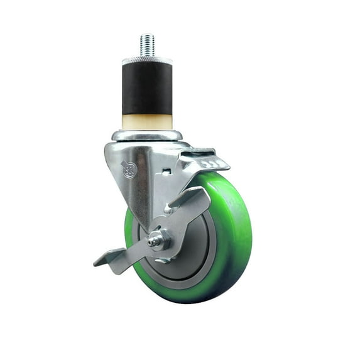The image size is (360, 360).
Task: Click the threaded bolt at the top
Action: click(x=147, y=46)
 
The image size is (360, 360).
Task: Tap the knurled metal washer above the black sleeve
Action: click(x=147, y=60)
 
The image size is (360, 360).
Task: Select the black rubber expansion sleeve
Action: click(x=147, y=88)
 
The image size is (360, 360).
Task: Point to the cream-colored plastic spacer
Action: click(x=147, y=122)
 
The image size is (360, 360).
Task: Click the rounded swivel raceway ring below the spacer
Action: click(x=147, y=135)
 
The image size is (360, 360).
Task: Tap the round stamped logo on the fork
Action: click(x=129, y=170)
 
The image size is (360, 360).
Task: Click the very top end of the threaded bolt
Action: click(x=147, y=35)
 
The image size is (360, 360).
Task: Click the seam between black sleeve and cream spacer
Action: click(x=147, y=114)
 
